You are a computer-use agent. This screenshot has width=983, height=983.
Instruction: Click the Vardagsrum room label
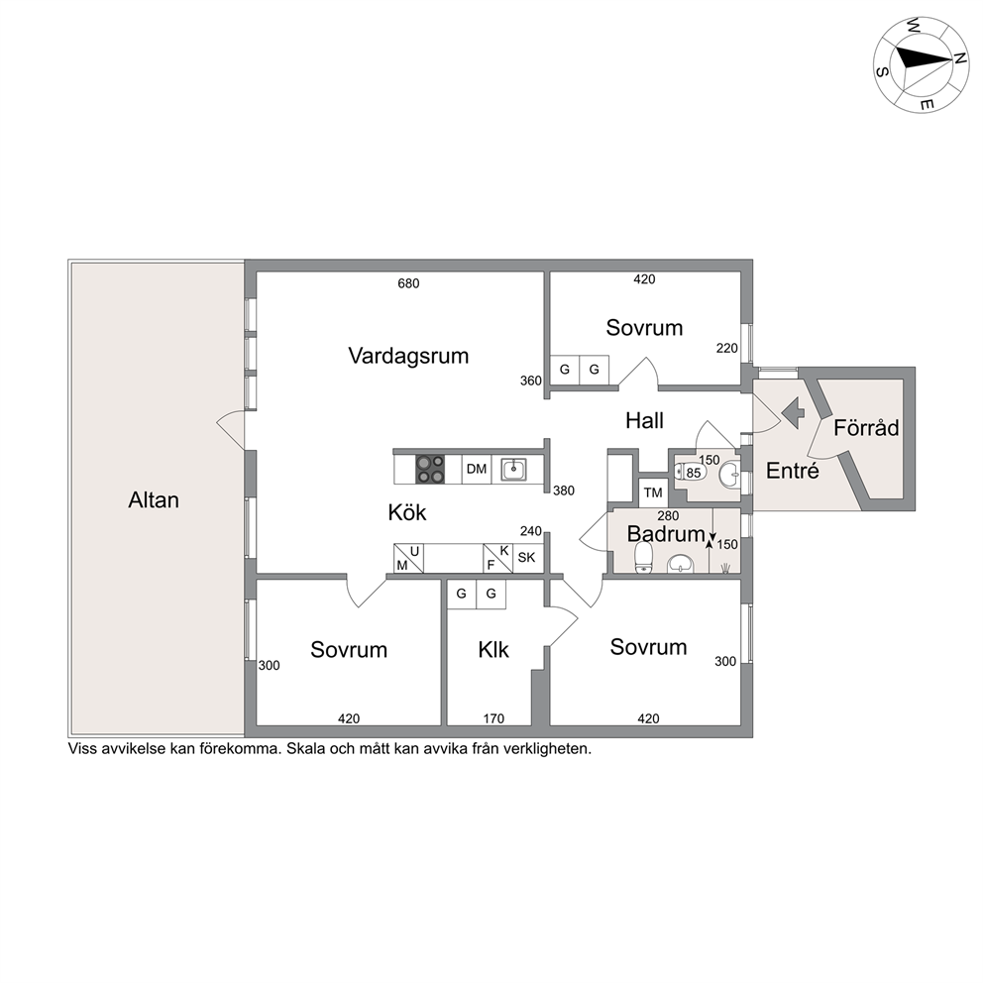(408, 356)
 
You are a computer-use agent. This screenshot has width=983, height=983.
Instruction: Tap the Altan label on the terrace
(154, 500)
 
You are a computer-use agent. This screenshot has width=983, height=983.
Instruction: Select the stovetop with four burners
(430, 469)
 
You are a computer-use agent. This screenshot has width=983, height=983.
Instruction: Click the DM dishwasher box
(477, 469)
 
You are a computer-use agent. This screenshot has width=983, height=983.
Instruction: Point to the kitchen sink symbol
(513, 469)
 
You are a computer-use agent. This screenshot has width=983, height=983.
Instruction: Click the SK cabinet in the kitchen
(527, 557)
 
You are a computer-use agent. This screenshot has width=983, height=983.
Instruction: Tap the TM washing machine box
(653, 492)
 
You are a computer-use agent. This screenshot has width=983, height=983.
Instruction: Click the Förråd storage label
(866, 428)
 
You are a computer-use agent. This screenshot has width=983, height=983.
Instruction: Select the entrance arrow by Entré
(793, 413)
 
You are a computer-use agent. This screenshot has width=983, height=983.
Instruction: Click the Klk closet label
(493, 650)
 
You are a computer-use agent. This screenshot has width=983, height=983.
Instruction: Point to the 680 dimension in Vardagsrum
(408, 284)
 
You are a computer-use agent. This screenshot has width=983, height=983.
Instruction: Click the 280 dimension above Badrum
(668, 516)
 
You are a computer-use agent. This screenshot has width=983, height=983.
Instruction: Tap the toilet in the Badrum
(644, 557)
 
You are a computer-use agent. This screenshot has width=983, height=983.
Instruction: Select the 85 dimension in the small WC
(694, 473)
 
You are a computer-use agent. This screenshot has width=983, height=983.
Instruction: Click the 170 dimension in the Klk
(493, 719)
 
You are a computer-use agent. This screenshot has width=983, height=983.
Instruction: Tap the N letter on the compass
(959, 57)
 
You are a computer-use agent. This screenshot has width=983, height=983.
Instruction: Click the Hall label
(644, 421)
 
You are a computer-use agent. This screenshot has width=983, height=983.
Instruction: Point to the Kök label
(407, 513)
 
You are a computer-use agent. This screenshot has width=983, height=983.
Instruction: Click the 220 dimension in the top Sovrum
(727, 349)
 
